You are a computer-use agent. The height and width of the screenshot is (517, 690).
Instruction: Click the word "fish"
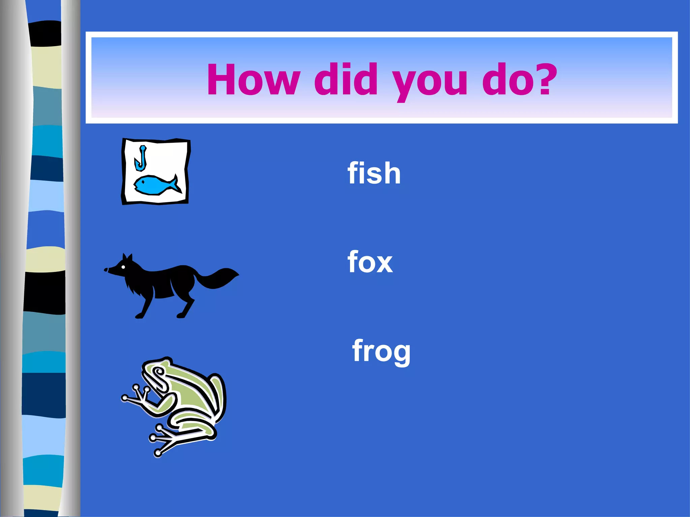(374, 173)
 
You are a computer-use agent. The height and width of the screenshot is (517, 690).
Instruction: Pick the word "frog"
(381, 351)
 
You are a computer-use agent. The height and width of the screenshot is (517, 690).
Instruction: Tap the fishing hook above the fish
(141, 159)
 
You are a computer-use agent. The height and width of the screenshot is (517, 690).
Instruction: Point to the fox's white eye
(123, 267)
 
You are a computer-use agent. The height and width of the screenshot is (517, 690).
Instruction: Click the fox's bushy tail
(219, 277)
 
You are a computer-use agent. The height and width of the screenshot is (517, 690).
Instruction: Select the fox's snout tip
(106, 270)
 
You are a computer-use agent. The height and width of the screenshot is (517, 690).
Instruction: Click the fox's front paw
(139, 316)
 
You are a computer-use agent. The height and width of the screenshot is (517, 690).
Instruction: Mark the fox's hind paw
(181, 315)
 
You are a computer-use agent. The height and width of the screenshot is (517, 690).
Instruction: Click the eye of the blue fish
(143, 181)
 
